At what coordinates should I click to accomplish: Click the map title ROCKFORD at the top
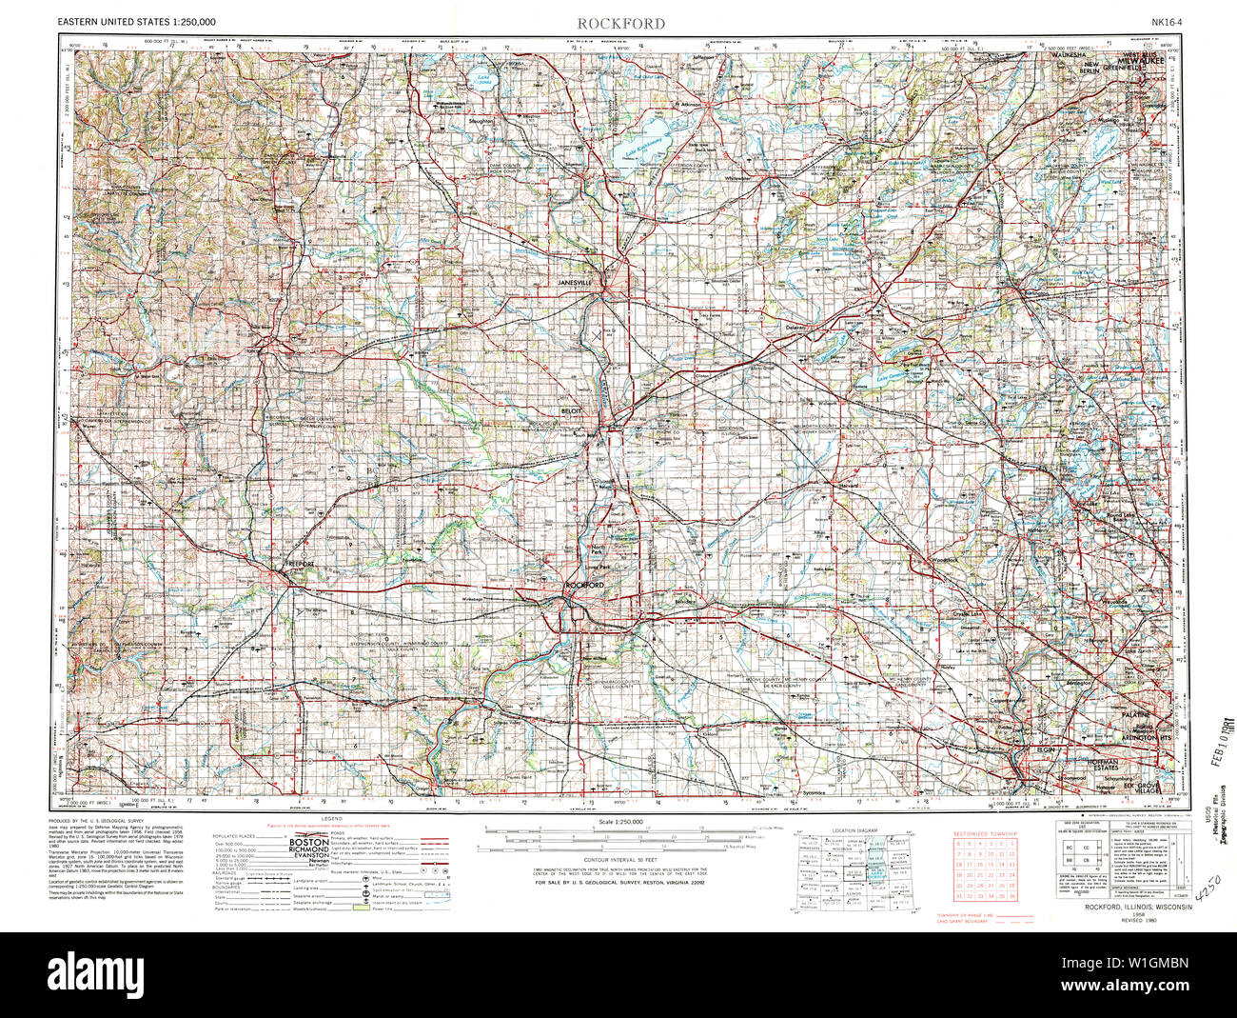[607, 23]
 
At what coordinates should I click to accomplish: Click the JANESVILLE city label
[577, 284]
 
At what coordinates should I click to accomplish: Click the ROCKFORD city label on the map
[584, 584]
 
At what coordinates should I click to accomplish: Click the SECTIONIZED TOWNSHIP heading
[985, 834]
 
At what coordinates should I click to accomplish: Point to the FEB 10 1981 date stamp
[1212, 739]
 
